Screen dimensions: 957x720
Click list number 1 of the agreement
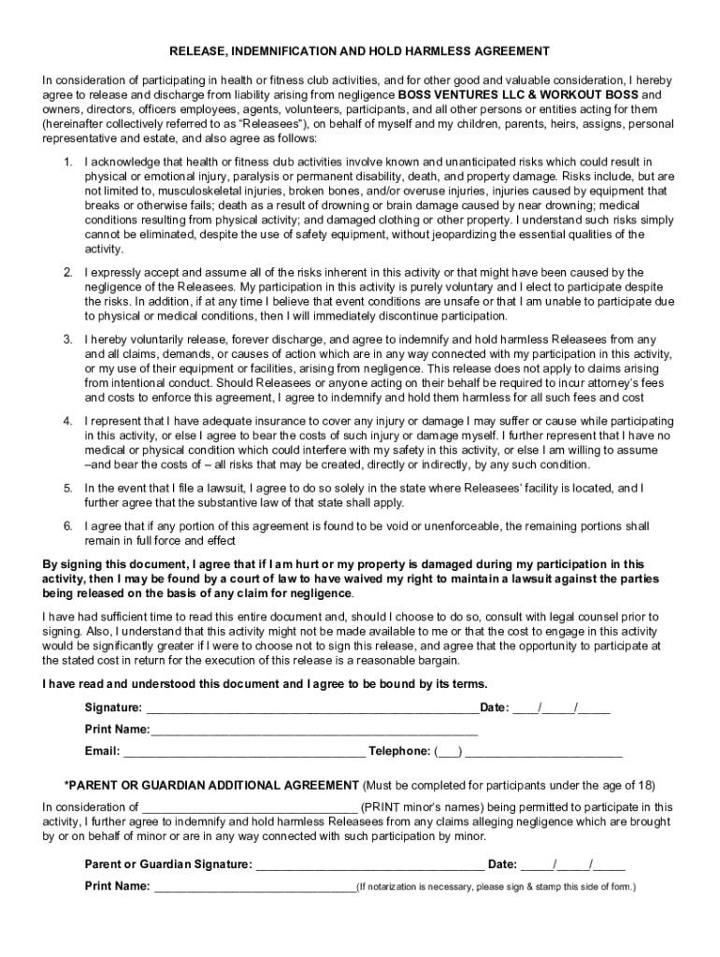point(68,163)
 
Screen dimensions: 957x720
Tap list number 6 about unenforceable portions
point(68,526)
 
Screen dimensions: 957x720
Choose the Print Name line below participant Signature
point(314,729)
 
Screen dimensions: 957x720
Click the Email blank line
point(244,751)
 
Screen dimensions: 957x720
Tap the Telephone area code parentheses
point(449,751)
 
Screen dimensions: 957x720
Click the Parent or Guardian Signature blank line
point(369,865)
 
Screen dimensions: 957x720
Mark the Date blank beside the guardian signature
point(573,865)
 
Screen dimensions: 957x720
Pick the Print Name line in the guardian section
point(254,887)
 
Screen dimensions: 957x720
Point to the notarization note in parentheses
point(496,887)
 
